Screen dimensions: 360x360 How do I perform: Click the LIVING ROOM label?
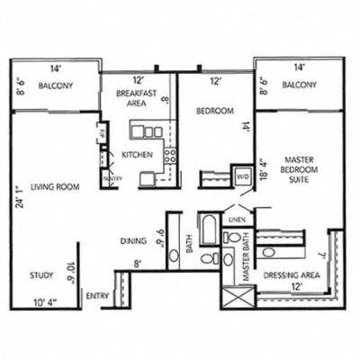tap(55, 187)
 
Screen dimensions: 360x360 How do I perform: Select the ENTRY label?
tap(96, 295)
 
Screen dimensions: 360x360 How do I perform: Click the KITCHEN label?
tap(136, 155)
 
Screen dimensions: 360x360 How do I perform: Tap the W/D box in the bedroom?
tap(242, 176)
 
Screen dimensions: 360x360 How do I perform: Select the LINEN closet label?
tap(238, 219)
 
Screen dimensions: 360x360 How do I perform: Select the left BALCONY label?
tap(55, 87)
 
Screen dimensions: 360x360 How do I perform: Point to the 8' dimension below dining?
tap(138, 264)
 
